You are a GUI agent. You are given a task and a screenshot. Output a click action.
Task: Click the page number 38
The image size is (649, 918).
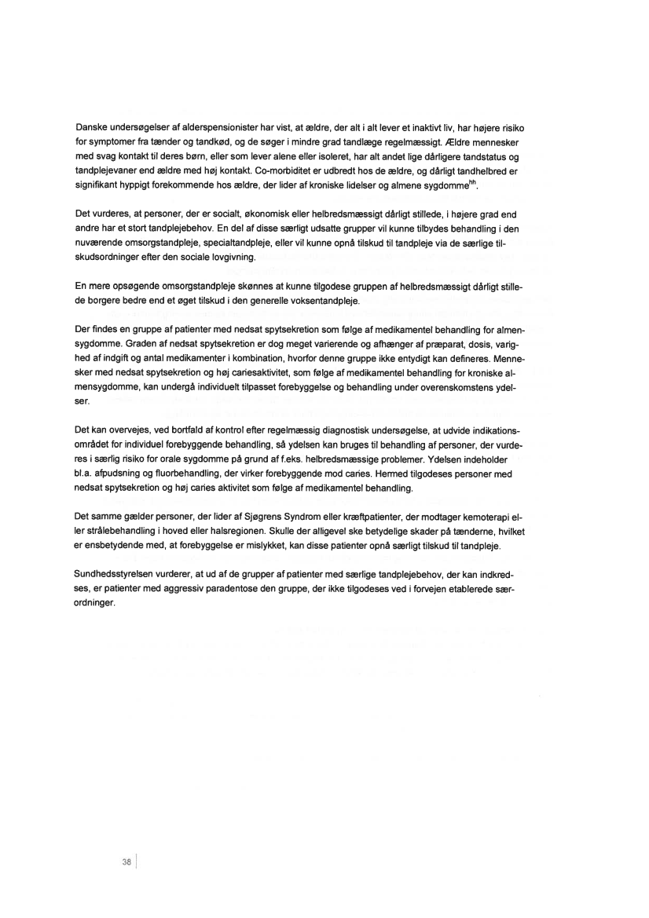click(x=126, y=861)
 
